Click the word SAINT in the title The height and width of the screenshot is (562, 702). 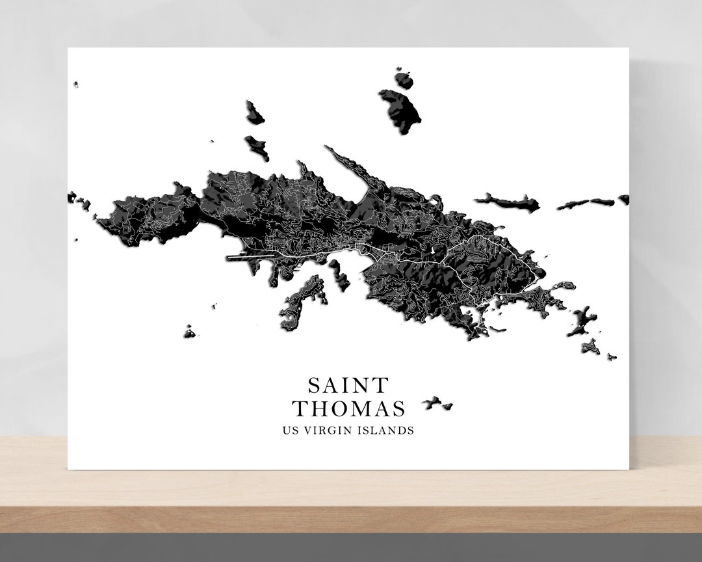click(x=348, y=386)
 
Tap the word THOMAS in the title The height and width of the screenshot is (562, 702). click(x=348, y=409)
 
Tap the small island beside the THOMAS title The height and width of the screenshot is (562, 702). click(x=437, y=404)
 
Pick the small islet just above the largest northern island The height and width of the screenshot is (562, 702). click(x=404, y=80)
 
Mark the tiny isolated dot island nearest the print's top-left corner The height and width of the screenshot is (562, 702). click(x=76, y=85)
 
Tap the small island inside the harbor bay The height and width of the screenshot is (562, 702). click(x=339, y=273)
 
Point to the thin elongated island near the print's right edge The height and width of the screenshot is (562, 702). click(x=585, y=204)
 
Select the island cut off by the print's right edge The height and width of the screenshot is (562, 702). click(x=624, y=199)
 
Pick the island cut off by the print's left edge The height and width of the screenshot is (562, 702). click(x=71, y=196)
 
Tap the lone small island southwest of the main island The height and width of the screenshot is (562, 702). click(x=189, y=333)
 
